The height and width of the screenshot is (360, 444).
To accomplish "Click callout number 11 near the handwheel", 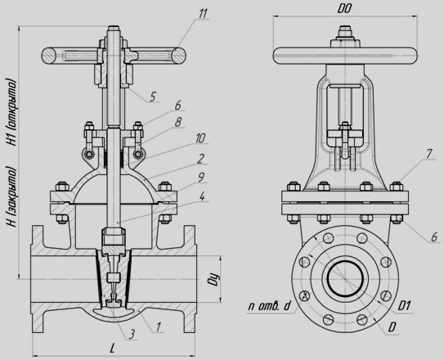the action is pyautogui.click(x=203, y=14).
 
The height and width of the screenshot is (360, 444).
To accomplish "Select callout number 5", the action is pyautogui.click(x=152, y=97).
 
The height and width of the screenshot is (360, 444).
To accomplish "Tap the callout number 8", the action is pyautogui.click(x=177, y=123).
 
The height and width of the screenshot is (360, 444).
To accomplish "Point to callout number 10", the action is pyautogui.click(x=200, y=138).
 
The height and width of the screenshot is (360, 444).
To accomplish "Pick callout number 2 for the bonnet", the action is pyautogui.click(x=200, y=159).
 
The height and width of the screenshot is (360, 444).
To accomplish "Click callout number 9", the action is pyautogui.click(x=200, y=178).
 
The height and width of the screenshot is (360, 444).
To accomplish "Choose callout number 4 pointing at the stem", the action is pyautogui.click(x=202, y=196).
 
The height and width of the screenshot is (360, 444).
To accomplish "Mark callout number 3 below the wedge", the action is pyautogui.click(x=131, y=334).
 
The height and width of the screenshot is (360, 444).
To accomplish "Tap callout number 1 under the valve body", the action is pyautogui.click(x=159, y=326).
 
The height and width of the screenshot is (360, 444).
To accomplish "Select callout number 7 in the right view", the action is pyautogui.click(x=428, y=154).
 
